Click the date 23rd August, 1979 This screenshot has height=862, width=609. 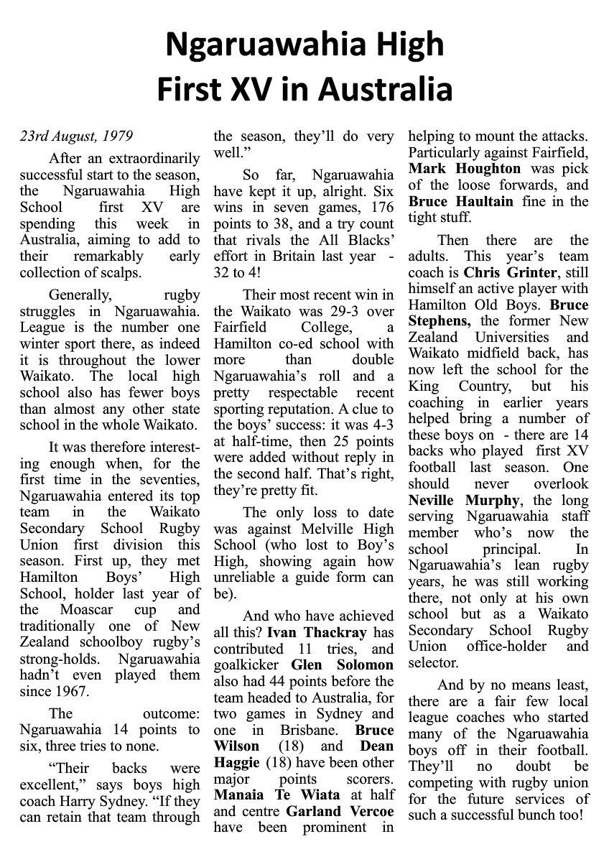point(76,136)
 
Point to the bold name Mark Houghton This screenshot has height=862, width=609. point(465,168)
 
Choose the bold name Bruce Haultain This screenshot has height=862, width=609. point(461,201)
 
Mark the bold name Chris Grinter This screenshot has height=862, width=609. point(515,273)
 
